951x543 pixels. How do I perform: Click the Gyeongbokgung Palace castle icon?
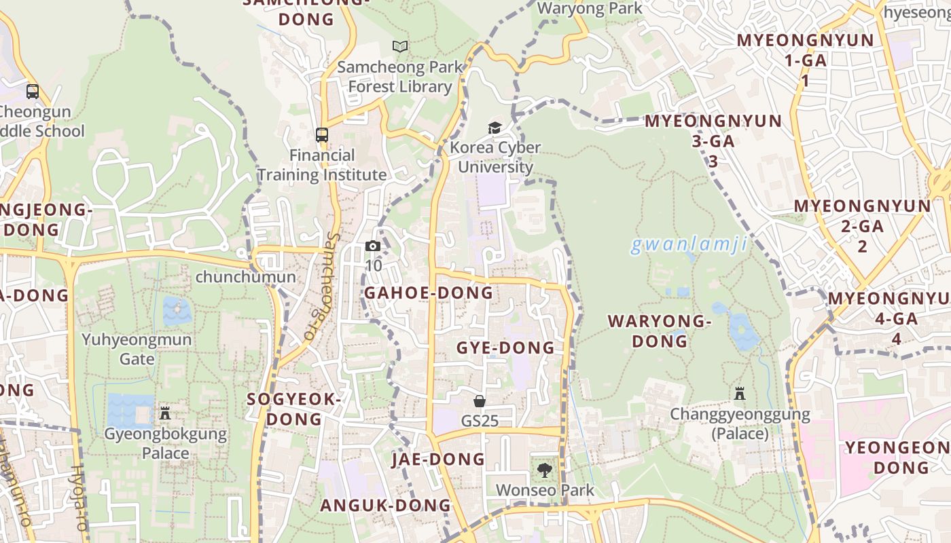pyautogui.click(x=164, y=413)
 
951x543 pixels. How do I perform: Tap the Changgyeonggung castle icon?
pyautogui.click(x=740, y=393)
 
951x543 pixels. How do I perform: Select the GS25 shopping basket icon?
pyautogui.click(x=480, y=401)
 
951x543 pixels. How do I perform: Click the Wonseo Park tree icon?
pyautogui.click(x=544, y=470)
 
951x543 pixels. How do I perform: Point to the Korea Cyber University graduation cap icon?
pyautogui.click(x=495, y=128)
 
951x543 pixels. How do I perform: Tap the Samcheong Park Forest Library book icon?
pyautogui.click(x=400, y=47)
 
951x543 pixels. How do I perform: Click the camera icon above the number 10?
pyautogui.click(x=373, y=246)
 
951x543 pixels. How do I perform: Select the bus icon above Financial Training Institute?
pyautogui.click(x=322, y=135)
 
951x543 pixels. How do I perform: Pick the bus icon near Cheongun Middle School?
pyautogui.click(x=32, y=91)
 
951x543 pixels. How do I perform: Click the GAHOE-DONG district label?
pyautogui.click(x=429, y=293)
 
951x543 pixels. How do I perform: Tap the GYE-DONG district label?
pyautogui.click(x=505, y=348)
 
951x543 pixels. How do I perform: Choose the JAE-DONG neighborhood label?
pyautogui.click(x=438, y=460)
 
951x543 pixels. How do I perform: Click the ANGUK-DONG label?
pyautogui.click(x=385, y=505)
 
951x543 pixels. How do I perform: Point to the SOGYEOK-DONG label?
pyautogui.click(x=294, y=409)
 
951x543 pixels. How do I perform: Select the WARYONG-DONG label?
pyautogui.click(x=659, y=331)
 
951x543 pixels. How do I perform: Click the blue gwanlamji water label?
pyautogui.click(x=689, y=244)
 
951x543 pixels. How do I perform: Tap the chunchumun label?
pyautogui.click(x=245, y=277)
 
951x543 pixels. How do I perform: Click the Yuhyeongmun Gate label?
pyautogui.click(x=137, y=348)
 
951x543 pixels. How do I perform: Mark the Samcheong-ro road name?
pyautogui.click(x=321, y=287)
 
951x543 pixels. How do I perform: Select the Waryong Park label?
pyautogui.click(x=589, y=8)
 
